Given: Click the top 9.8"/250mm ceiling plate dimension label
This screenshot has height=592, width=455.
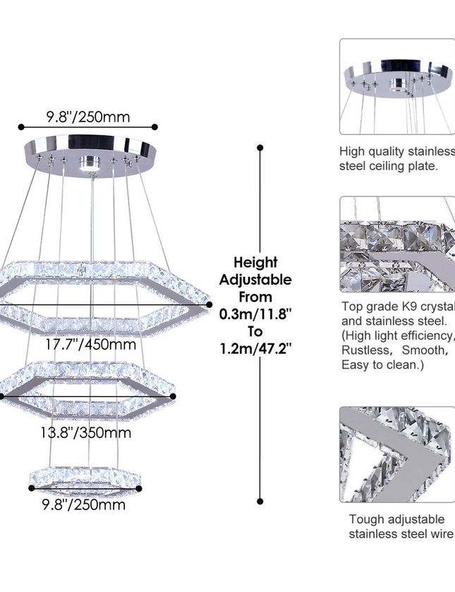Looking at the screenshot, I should tap(88, 117).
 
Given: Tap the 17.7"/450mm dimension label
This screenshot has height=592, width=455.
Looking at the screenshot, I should tap(90, 345).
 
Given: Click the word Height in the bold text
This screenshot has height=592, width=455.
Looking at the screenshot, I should tap(255, 262).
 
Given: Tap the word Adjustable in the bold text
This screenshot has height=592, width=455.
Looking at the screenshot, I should tap(255, 280).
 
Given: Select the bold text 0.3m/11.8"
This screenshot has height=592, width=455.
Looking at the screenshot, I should tap(255, 314).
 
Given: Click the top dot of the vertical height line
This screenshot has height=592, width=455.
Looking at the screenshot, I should tap(260, 148).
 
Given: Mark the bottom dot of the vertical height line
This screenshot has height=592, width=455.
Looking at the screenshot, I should tap(260, 500).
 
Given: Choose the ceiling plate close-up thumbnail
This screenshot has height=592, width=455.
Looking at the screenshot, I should tap(397, 87).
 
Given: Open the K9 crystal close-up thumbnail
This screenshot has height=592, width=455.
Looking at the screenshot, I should tap(397, 244).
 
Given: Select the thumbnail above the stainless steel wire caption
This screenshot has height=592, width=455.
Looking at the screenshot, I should tap(397, 454).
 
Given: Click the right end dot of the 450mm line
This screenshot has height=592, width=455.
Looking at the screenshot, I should tap(210, 305).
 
